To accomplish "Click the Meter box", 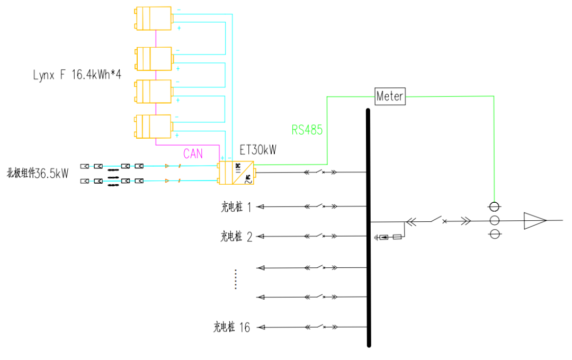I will click(390, 96).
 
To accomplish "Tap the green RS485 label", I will click(307, 130).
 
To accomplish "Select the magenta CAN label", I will click(193, 154).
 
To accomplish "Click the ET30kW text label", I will click(258, 150).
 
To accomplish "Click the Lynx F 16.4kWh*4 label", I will click(77, 75).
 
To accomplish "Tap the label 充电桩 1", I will click(236, 207).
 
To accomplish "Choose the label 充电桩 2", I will click(236, 237).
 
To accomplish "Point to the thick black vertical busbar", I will click(368, 228).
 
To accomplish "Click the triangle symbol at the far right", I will click(534, 220).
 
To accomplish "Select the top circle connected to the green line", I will click(494, 206).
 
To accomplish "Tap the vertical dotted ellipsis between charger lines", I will click(236, 279).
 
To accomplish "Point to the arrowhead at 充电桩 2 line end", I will click(259, 237).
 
